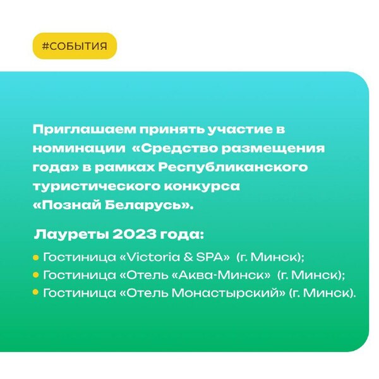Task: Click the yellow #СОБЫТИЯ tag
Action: point(75,46)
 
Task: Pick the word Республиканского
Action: point(233,167)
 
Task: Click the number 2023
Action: point(134,234)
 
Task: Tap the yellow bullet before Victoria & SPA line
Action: point(36,258)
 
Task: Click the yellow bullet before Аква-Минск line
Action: point(36,275)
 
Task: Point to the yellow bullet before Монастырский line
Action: point(36,292)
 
